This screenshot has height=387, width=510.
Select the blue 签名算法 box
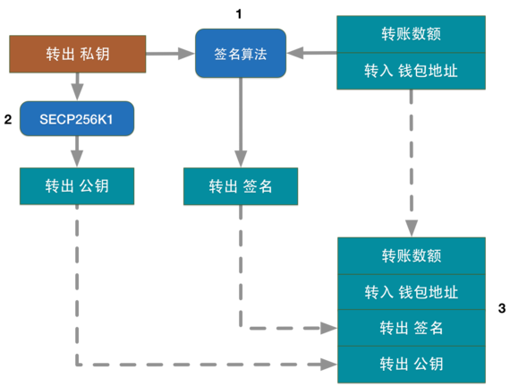tap(240, 55)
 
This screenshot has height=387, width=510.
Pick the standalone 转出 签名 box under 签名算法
tap(240, 186)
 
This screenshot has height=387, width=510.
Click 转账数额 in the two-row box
tap(411, 35)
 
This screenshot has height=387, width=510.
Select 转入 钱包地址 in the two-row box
tap(411, 71)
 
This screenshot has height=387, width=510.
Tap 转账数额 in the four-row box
tap(411, 256)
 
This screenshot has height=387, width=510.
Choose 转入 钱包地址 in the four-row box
tap(411, 292)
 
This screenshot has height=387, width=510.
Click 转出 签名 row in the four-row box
tap(411, 328)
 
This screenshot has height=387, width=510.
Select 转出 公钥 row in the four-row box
tap(411, 364)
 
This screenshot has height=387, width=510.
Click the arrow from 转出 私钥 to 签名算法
tap(169, 55)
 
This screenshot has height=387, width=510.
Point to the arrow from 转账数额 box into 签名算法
tap(310, 55)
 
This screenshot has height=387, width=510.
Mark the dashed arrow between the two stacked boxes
tap(411, 161)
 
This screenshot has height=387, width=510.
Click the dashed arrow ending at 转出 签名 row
tap(268, 328)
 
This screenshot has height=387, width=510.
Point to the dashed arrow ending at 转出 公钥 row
tap(197, 364)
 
